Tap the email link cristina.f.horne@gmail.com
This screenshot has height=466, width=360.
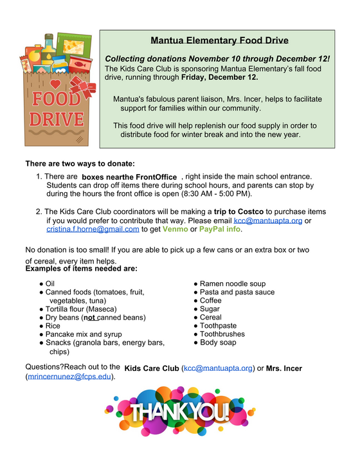click(x=93, y=229)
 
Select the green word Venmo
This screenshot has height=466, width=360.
click(x=175, y=229)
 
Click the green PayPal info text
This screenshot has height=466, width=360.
click(x=220, y=229)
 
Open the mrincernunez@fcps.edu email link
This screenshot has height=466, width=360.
click(x=69, y=377)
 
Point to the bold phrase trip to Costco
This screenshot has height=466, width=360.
click(x=239, y=211)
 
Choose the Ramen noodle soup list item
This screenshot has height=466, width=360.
click(x=233, y=283)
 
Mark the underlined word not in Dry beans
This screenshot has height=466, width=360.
click(x=92, y=318)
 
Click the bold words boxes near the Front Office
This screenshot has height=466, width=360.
click(x=129, y=177)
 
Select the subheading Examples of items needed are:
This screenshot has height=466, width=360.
click(x=81, y=269)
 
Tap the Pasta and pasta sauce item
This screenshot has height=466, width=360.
click(x=237, y=292)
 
